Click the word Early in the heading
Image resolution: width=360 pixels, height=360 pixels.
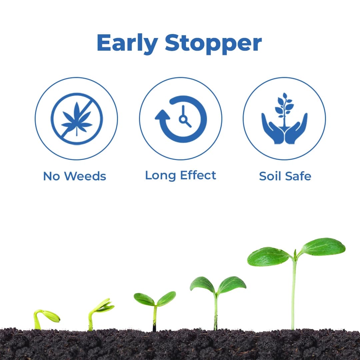click(127, 43)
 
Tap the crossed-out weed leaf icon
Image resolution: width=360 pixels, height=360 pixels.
click(76, 119)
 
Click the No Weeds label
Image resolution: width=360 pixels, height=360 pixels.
click(74, 176)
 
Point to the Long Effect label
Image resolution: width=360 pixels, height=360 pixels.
click(180, 175)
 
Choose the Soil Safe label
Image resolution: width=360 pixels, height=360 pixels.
click(285, 176)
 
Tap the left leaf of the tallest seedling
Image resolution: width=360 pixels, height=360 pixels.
click(268, 257)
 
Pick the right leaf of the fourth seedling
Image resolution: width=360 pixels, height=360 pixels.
click(232, 284)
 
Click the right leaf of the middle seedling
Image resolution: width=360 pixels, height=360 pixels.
click(166, 298)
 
